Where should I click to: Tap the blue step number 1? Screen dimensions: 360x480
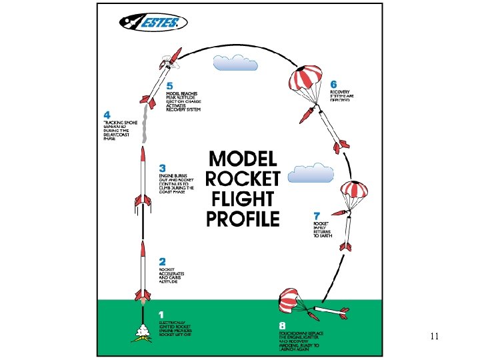pos(160,314)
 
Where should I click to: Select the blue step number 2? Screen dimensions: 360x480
pos(162,263)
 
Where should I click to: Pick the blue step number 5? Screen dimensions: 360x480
pos(169,86)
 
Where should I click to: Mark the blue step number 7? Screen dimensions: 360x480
pos(317,215)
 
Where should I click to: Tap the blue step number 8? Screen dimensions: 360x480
pos(282,326)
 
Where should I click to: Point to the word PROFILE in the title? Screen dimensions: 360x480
pos(243,218)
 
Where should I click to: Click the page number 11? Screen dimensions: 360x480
pos(434,337)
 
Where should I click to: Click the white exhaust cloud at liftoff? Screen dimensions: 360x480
pos(142,329)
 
